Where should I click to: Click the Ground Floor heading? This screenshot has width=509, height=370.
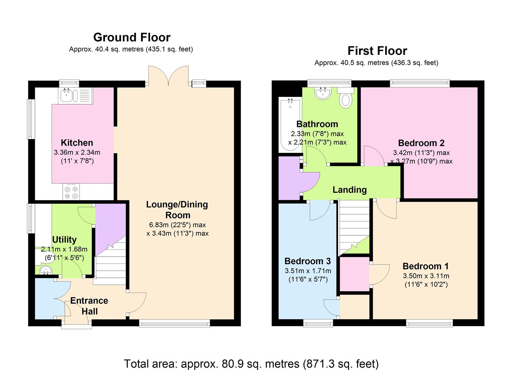[x=132, y=37]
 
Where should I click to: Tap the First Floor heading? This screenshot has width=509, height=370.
[x=377, y=51]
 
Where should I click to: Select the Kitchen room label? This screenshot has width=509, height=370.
[x=77, y=143]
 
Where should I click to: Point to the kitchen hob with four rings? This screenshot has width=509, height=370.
[x=71, y=192]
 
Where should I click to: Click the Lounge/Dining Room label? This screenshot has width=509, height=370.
[x=177, y=210]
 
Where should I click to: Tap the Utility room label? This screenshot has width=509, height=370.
[x=64, y=239]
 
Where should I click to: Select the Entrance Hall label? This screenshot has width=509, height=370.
[x=89, y=306]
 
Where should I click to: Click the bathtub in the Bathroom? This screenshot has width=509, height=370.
[x=290, y=125]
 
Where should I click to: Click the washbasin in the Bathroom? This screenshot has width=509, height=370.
[x=323, y=93]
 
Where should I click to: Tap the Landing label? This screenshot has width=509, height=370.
[x=350, y=190]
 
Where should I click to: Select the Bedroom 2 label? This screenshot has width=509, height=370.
[x=421, y=143]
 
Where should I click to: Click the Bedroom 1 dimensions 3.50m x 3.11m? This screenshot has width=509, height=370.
[x=426, y=276]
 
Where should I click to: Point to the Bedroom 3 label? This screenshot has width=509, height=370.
[x=308, y=261]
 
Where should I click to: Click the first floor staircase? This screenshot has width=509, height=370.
[x=354, y=227]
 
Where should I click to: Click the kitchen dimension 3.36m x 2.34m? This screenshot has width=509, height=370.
[x=77, y=152]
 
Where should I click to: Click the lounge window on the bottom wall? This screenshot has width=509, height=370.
[x=174, y=323]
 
